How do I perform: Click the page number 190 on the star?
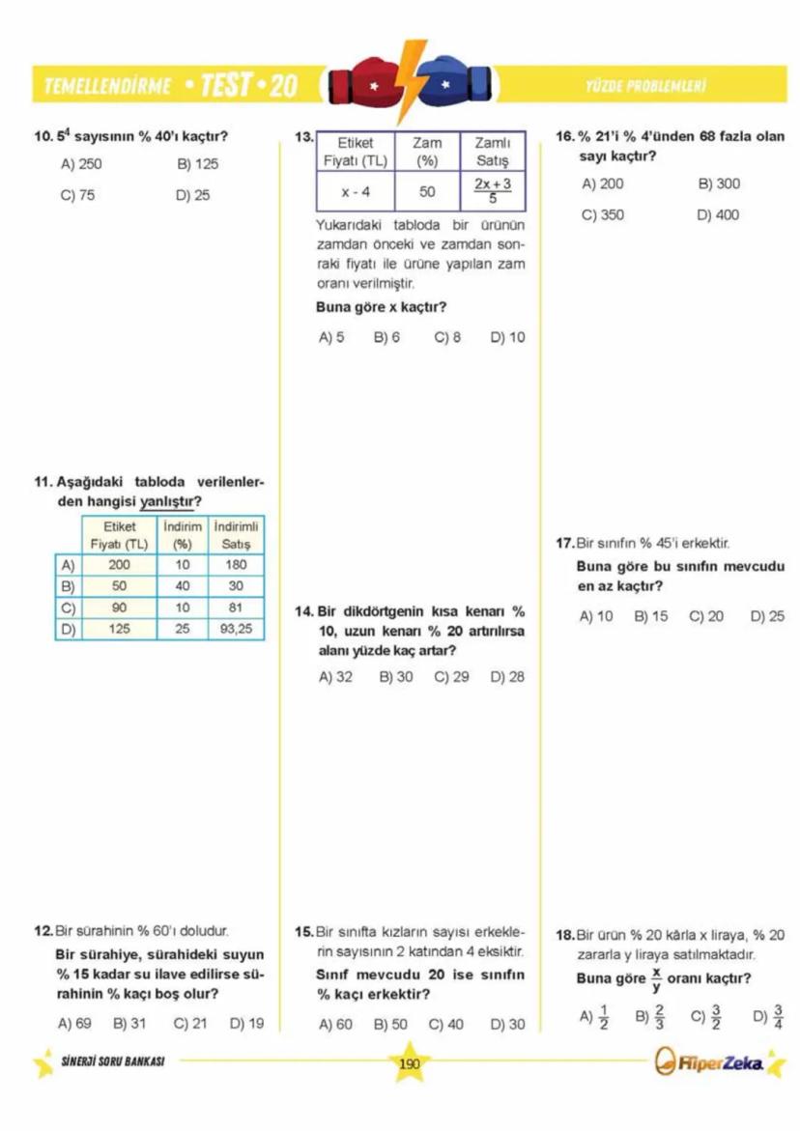[409, 1063]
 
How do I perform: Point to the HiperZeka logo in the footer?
[711, 1063]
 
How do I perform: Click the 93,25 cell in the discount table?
[236, 628]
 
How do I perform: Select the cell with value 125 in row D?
[120, 628]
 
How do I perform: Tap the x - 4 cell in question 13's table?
[355, 191]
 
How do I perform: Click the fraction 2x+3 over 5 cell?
[492, 191]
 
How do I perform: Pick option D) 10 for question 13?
[507, 338]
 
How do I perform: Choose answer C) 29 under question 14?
[451, 677]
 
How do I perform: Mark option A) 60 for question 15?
[335, 1024]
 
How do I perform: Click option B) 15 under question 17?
[650, 615]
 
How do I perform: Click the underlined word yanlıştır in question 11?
[170, 501]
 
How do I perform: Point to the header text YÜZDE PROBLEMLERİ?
[644, 86]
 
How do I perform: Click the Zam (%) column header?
[427, 151]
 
